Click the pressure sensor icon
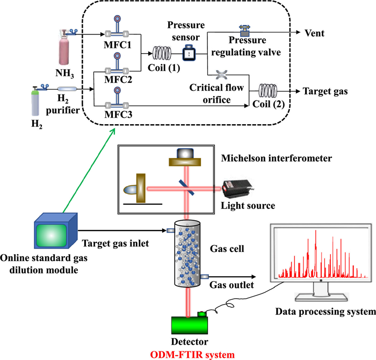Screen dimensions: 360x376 tap(190, 53)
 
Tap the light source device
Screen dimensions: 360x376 tap(235, 188)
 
